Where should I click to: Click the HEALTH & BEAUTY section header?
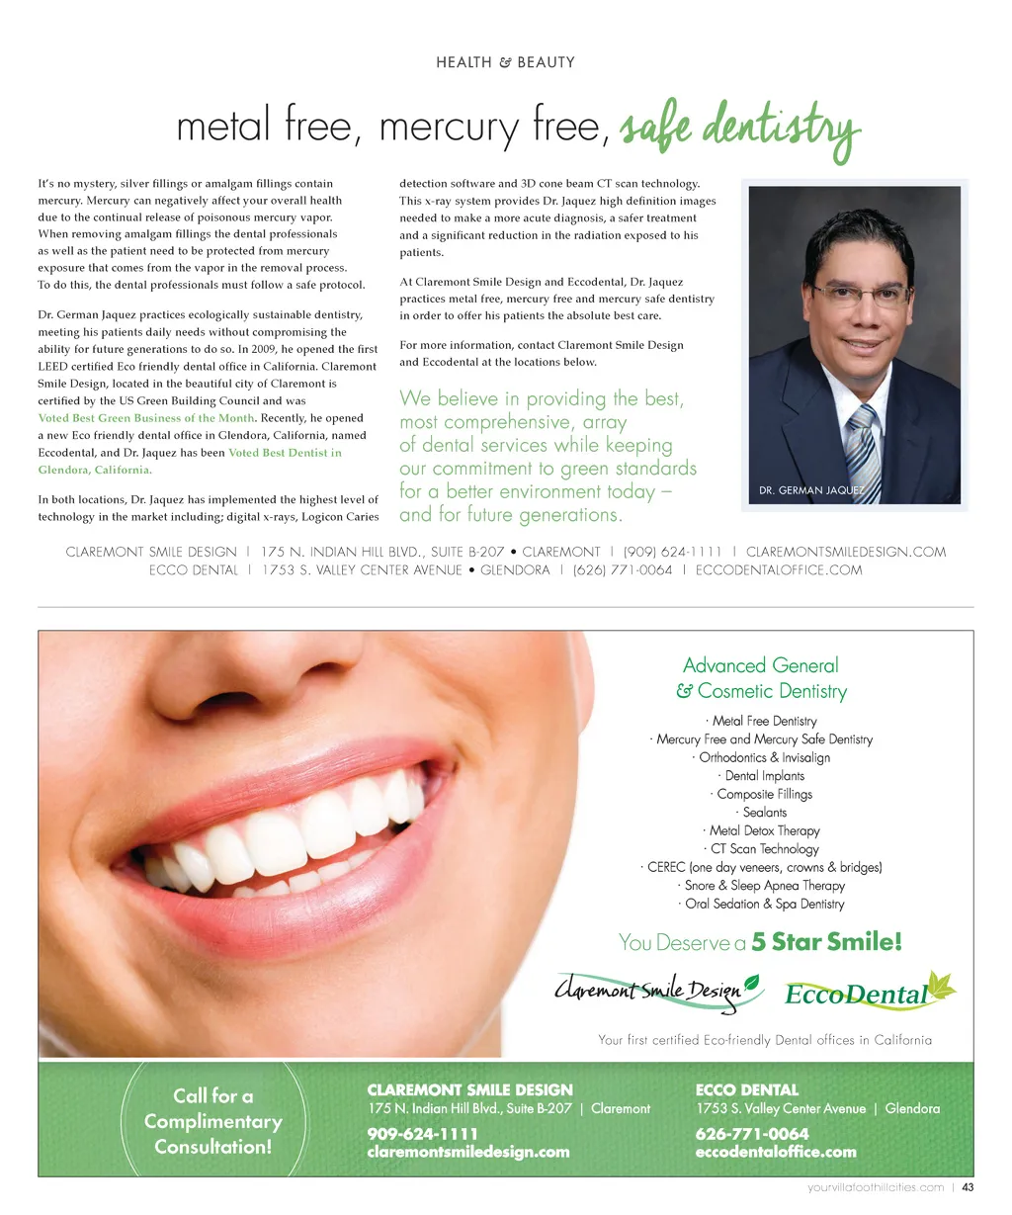point(505,62)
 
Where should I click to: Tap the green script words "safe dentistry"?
point(739,129)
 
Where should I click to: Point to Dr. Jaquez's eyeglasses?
point(860,294)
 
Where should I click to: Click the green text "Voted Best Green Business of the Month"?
point(146,418)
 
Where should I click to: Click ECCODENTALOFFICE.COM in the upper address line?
point(779,569)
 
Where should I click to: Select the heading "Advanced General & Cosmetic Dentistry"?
point(761,678)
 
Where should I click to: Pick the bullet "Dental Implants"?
point(762,776)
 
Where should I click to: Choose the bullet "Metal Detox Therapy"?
point(762,830)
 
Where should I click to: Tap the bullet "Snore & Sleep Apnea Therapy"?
point(762,886)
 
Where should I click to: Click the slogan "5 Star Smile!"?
point(826,942)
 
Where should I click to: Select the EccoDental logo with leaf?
point(870,992)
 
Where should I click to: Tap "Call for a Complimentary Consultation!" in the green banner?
point(213,1121)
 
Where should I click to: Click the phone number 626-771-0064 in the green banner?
point(751,1134)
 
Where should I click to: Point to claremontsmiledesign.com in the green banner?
point(468,1152)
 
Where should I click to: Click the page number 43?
point(968,1187)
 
